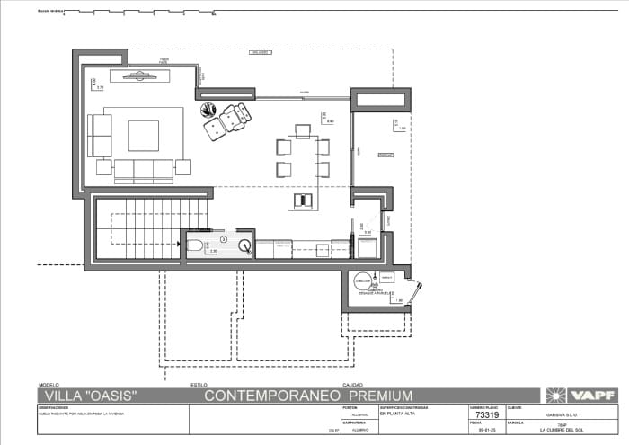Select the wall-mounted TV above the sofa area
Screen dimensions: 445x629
click(x=139, y=76)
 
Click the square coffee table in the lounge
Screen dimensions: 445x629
click(x=143, y=136)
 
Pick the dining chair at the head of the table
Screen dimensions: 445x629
click(x=303, y=130)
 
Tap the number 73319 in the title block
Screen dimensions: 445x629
click(x=486, y=415)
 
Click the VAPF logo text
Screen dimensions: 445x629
click(x=594, y=395)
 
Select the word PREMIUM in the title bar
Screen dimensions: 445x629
click(x=380, y=395)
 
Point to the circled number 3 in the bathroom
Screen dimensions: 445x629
click(x=224, y=239)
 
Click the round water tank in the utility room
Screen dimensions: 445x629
click(x=363, y=280)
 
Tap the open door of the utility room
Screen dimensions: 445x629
click(x=415, y=292)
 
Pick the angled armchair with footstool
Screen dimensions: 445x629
click(x=228, y=122)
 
